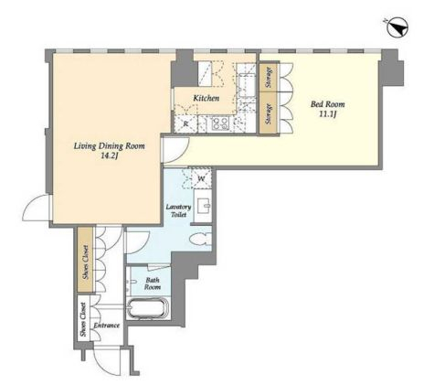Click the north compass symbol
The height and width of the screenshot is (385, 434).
tap(397, 28)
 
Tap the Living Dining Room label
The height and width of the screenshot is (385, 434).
tap(110, 146)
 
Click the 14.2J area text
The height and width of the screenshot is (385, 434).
tap(110, 157)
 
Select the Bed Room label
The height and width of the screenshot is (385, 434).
tap(328, 104)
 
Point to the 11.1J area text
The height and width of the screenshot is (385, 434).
tap(328, 114)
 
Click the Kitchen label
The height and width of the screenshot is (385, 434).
tap(206, 98)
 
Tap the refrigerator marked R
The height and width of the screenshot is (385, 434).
tap(185, 124)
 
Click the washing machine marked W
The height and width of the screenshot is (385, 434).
tap(202, 178)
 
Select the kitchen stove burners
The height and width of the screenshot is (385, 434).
tap(220, 123)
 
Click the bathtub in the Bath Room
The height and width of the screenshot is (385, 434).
tap(149, 309)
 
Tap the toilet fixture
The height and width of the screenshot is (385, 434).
tap(200, 239)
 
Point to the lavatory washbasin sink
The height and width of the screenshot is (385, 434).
tap(204, 206)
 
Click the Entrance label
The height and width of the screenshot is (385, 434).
tap(106, 326)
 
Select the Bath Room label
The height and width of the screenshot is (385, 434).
tap(153, 283)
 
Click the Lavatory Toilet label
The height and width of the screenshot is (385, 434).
tap(178, 210)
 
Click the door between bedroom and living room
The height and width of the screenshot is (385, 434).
tap(175, 150)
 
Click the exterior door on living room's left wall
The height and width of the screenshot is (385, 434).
tap(37, 208)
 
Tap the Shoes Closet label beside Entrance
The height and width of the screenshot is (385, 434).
tap(82, 319)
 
